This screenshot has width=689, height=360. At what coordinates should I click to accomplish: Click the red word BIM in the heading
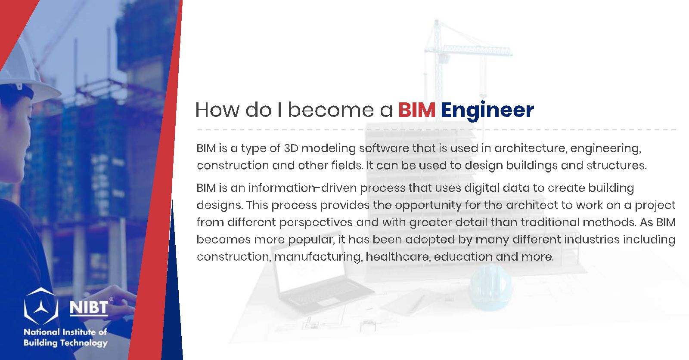pyautogui.click(x=417, y=110)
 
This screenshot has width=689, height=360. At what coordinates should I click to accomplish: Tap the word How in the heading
pyautogui.click(x=217, y=110)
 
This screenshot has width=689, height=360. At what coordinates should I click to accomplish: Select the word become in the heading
pyautogui.click(x=331, y=110)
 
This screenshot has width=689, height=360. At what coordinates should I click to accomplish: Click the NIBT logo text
pyautogui.click(x=89, y=308)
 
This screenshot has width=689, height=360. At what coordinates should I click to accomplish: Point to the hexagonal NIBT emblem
pyautogui.click(x=41, y=306)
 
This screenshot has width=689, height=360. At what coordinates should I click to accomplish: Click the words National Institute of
pyautogui.click(x=65, y=332)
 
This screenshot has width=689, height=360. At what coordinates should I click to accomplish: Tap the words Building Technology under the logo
pyautogui.click(x=65, y=343)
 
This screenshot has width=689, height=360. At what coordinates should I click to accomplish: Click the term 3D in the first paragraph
pyautogui.click(x=291, y=148)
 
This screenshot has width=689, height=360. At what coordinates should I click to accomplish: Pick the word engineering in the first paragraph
pyautogui.click(x=605, y=149)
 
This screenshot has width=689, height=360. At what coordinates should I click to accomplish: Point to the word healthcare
pyautogui.click(x=397, y=256)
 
